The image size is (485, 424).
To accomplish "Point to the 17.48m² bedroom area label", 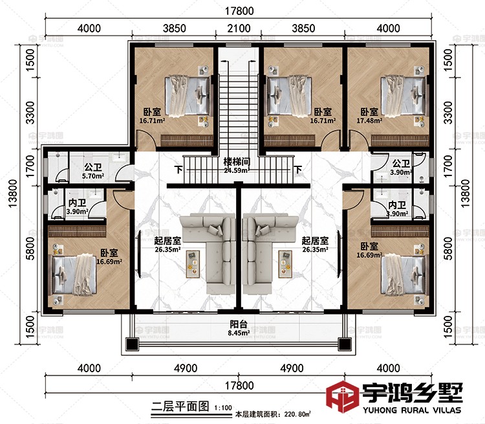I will [x=369, y=120].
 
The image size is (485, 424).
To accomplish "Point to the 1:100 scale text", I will [x=222, y=407].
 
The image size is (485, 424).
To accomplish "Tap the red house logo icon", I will [x=342, y=400].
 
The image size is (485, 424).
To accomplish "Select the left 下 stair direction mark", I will [x=178, y=171].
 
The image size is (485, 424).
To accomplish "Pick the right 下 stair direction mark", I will [x=298, y=171].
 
